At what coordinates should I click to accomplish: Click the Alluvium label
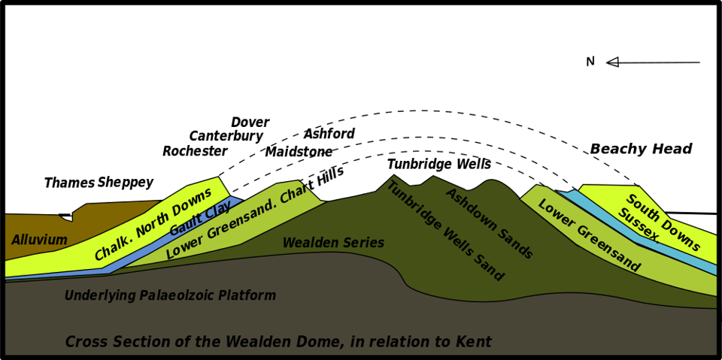click(x=39, y=241)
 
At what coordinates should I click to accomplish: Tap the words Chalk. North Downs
click(x=153, y=224)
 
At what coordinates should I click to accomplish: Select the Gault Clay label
click(x=200, y=219)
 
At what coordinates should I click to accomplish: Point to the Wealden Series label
click(x=333, y=243)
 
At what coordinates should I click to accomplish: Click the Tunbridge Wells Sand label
click(x=444, y=231)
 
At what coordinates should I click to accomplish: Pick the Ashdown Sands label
click(x=489, y=223)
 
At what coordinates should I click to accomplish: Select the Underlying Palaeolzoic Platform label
click(x=170, y=295)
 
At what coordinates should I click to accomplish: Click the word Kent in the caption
click(x=472, y=342)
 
